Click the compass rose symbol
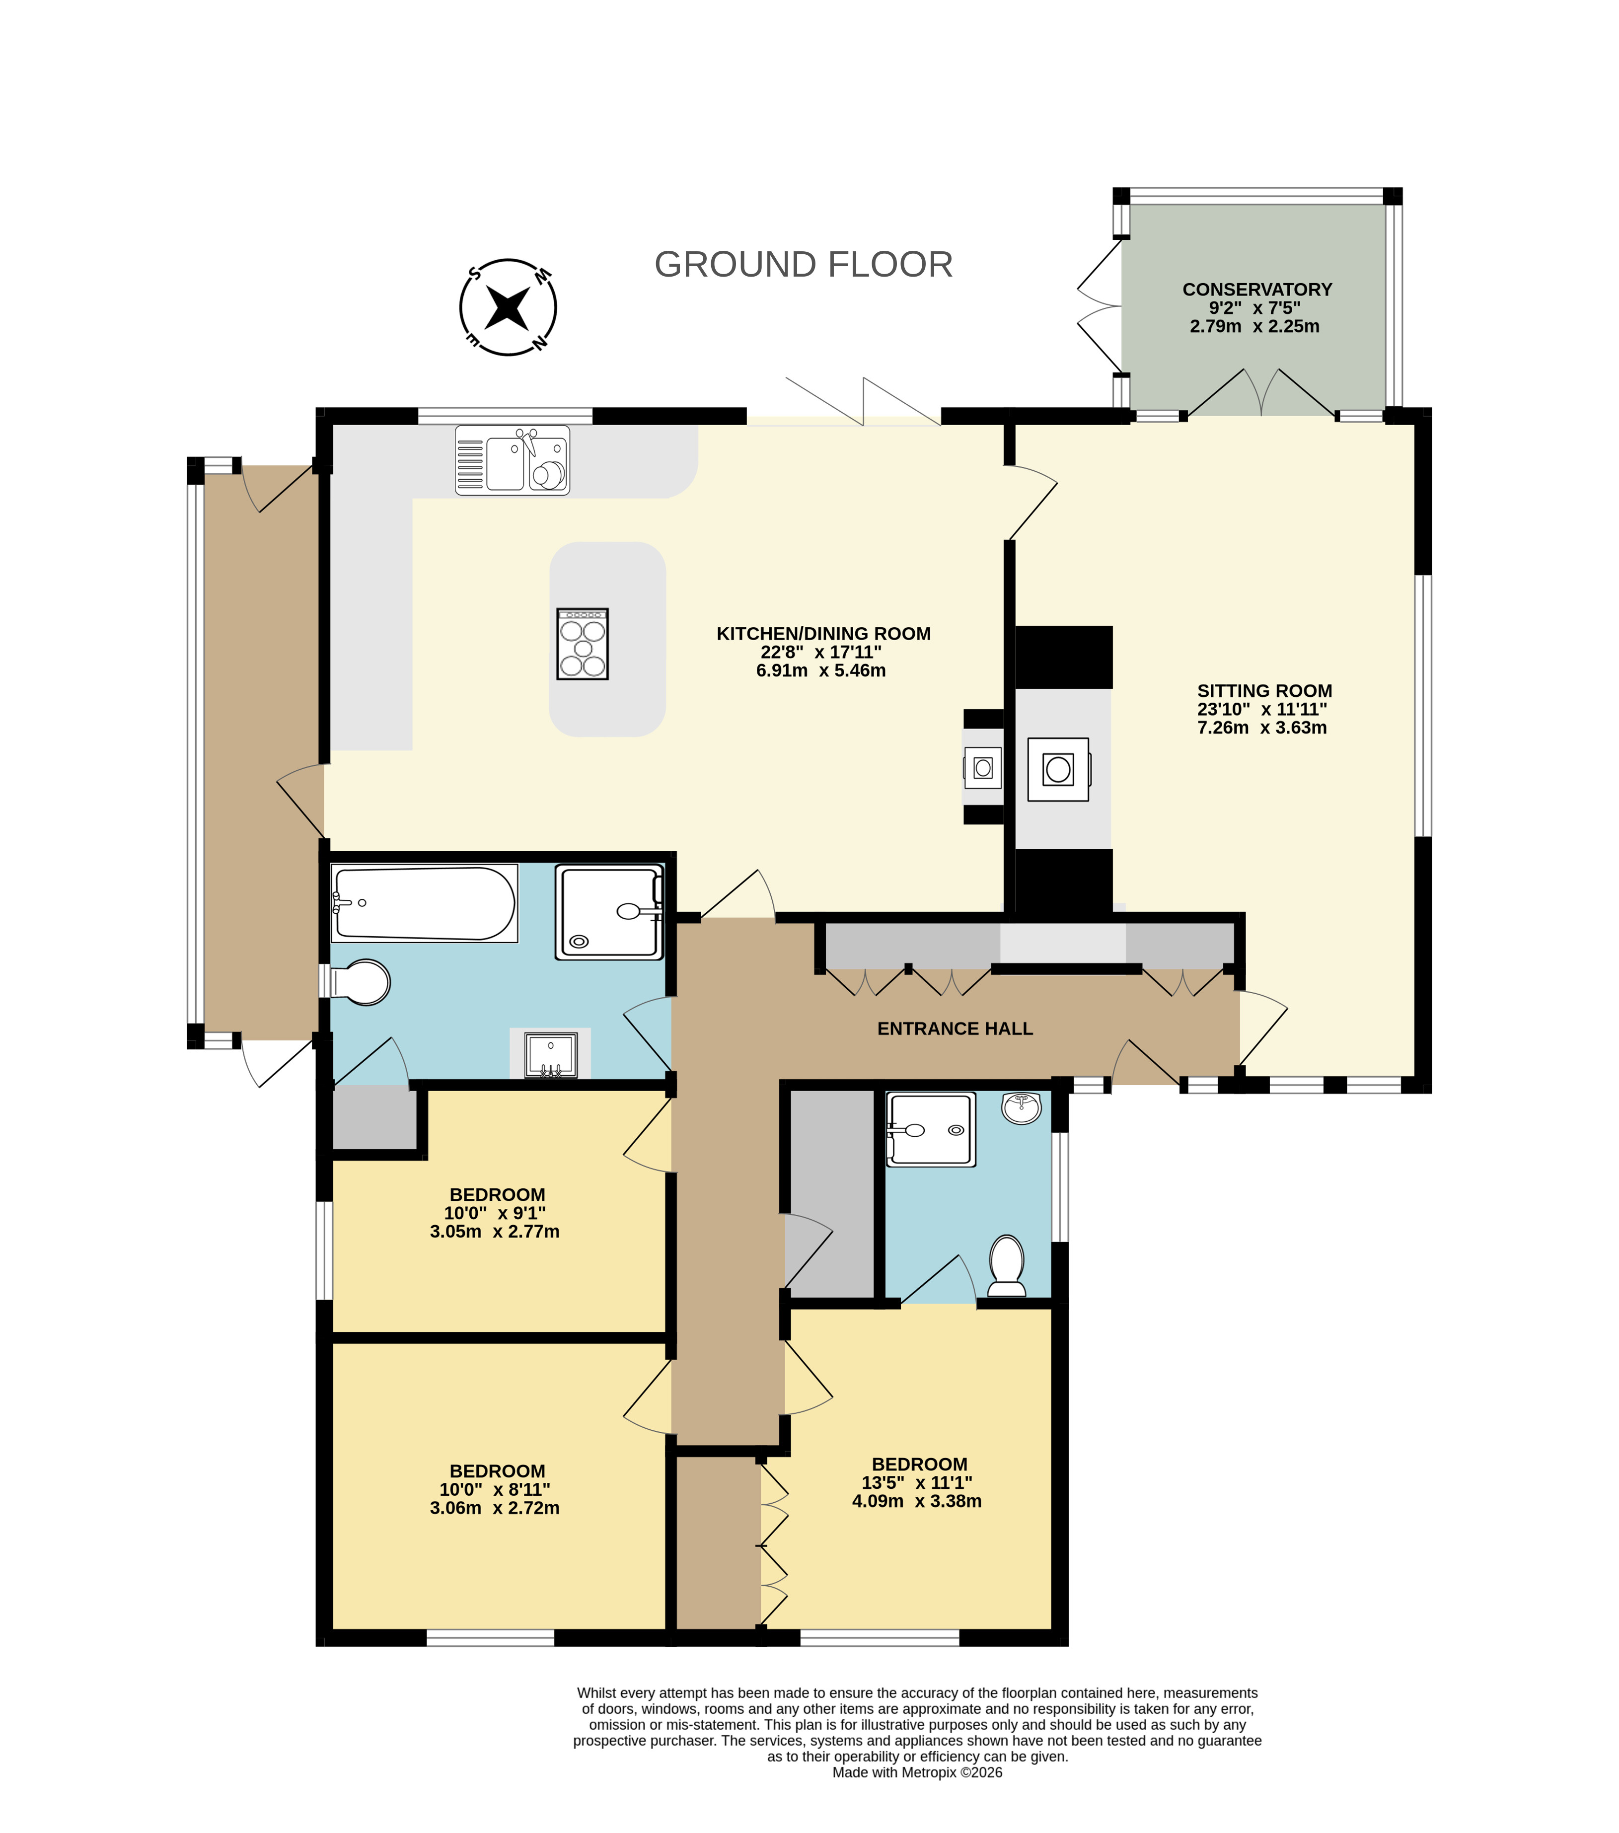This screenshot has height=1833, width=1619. click(508, 307)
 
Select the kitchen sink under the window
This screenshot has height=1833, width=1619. click(512, 460)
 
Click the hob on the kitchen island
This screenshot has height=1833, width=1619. click(582, 644)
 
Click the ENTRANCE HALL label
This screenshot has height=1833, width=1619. click(955, 1028)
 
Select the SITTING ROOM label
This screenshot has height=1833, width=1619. click(1264, 690)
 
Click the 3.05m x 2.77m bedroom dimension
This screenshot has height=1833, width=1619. click(494, 1231)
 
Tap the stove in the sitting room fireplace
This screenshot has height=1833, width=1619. click(1058, 769)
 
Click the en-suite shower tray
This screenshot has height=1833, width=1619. click(930, 1129)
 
